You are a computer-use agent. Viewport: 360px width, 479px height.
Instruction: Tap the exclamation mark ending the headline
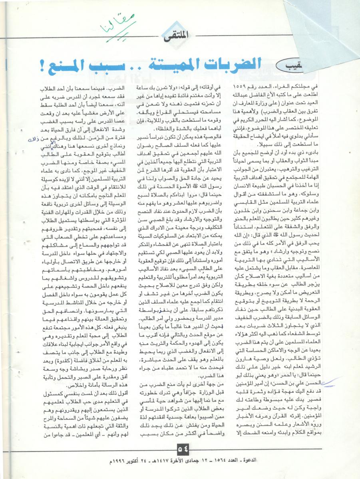point(43,64)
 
